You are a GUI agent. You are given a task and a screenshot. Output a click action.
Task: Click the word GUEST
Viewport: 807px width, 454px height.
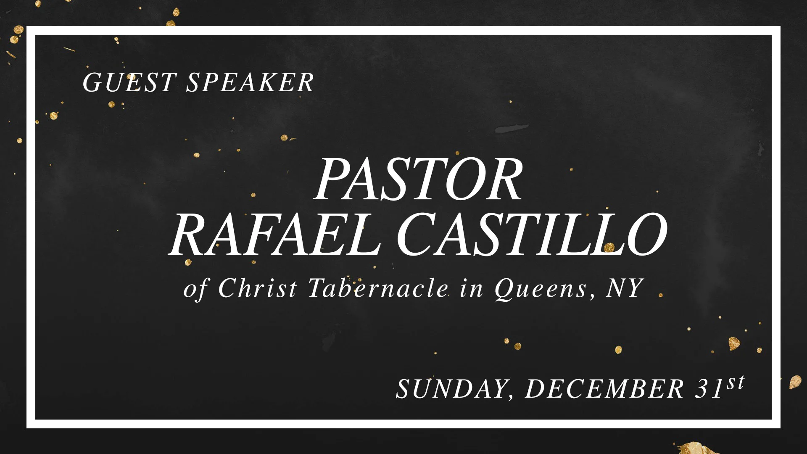point(129,82)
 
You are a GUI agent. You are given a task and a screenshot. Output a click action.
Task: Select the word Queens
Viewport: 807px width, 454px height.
point(541,289)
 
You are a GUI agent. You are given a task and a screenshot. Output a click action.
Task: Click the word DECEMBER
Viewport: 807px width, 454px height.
point(604,388)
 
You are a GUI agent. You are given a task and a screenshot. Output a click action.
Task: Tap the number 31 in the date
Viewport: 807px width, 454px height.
point(709,388)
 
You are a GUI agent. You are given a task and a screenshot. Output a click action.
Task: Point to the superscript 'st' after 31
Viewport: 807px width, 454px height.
point(736,383)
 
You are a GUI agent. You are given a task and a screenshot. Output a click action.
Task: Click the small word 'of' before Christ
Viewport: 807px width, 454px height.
point(195,289)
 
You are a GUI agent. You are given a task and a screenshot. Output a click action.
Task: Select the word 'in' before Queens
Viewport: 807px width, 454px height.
point(471,289)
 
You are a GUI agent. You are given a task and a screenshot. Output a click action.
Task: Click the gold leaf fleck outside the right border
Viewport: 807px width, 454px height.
point(795,382)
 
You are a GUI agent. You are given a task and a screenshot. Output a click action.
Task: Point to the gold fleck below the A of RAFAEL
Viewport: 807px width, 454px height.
point(188,262)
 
